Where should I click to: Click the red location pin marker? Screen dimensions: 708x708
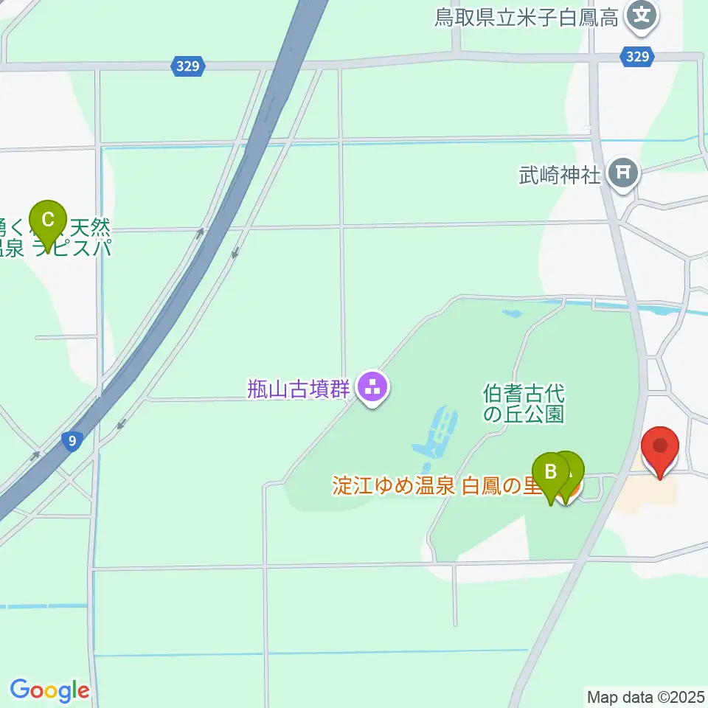pos(659,450)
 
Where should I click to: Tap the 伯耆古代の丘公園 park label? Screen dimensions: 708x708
pos(524,401)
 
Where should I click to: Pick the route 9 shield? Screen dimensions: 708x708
pos(72,441)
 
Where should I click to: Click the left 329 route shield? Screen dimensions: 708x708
pos(187,66)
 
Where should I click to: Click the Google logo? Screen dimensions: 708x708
pos(49,690)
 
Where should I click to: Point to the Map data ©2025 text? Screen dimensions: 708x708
pos(646,696)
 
